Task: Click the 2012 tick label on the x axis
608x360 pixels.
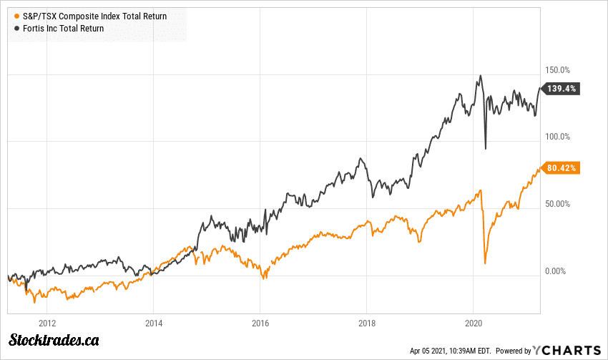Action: (47, 323)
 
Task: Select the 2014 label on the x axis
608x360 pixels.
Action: (154, 323)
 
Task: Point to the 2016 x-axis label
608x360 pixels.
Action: (260, 323)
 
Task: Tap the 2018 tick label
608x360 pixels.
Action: (367, 323)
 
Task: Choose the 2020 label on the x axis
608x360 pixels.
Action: (474, 323)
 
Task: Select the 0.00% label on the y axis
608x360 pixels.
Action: (556, 271)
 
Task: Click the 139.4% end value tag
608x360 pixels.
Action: (562, 89)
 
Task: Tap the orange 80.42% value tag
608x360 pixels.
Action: (562, 168)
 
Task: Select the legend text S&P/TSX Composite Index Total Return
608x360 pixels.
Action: (94, 16)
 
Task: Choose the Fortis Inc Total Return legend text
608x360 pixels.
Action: (64, 29)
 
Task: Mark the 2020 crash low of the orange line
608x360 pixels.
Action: (485, 263)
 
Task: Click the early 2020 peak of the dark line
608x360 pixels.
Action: (481, 75)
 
